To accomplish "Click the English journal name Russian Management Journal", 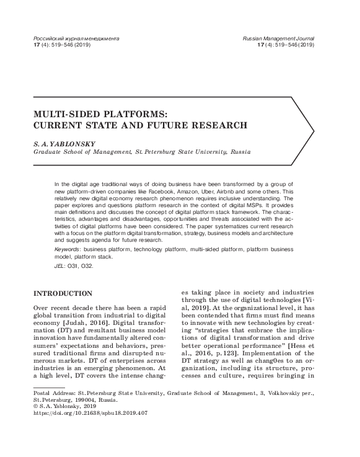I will [x=279, y=38].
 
